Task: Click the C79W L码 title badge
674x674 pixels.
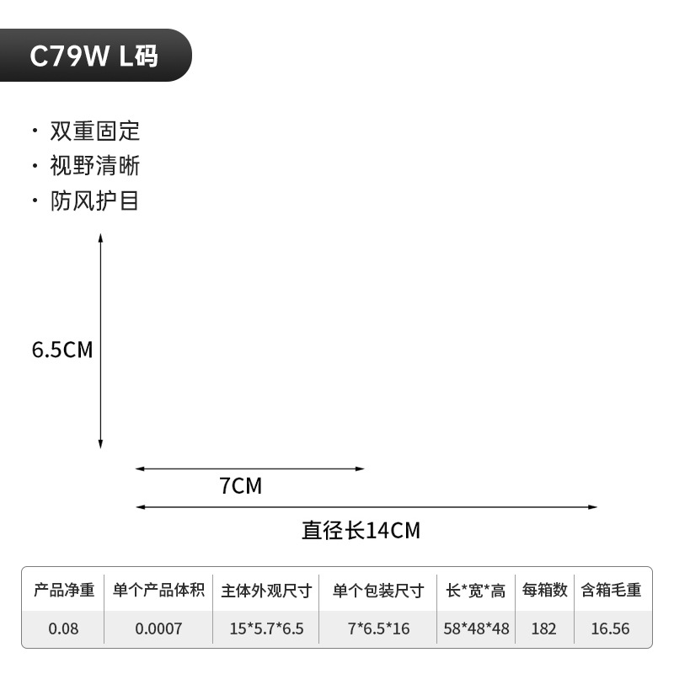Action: pos(94,56)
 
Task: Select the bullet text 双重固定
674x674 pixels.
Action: pos(94,131)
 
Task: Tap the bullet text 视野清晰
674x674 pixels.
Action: pos(94,166)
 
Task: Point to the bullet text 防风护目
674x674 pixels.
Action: pos(94,201)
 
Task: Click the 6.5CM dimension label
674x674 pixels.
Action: pos(62,350)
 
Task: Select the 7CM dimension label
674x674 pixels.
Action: pos(241,486)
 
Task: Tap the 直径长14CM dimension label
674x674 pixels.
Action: pos(361,531)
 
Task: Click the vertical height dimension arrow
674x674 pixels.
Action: pos(100,341)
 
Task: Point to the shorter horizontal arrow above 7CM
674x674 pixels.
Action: pos(250,468)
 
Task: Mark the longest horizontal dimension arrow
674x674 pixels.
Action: pos(366,507)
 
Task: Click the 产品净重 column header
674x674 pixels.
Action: pos(63,591)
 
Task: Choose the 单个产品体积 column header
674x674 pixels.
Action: pos(158,591)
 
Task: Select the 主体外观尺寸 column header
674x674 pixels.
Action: pos(266,591)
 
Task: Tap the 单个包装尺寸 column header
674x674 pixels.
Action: pos(378,591)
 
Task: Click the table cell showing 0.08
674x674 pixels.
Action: pos(63,629)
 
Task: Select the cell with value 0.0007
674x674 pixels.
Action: pos(158,629)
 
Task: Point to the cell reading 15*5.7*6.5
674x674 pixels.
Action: pos(266,629)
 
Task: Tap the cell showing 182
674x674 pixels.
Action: pos(544,629)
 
